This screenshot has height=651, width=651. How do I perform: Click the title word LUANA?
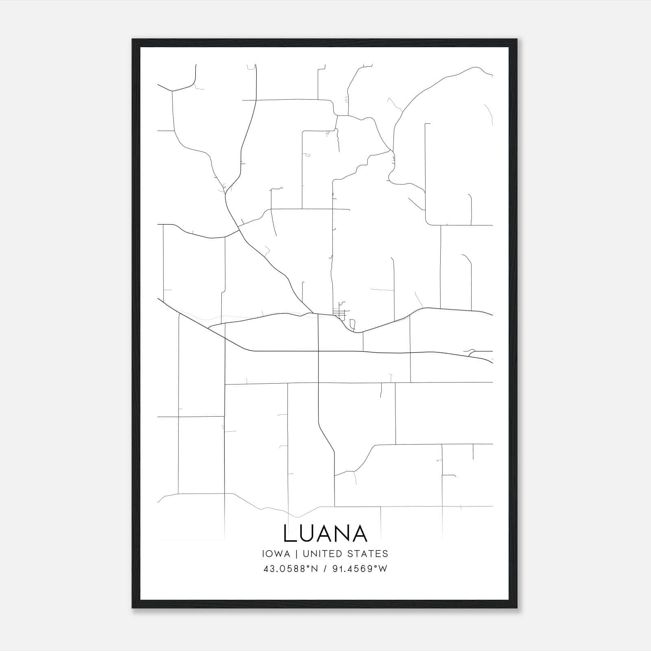tap(325, 533)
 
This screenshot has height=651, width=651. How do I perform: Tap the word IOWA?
tap(276, 554)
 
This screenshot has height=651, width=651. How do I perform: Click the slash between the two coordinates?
tap(324, 569)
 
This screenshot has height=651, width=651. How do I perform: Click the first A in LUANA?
tap(325, 533)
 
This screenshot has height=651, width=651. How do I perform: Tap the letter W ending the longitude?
tap(383, 569)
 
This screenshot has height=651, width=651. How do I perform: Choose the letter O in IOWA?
tap(272, 554)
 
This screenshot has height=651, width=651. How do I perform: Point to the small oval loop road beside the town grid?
tap(352, 324)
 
